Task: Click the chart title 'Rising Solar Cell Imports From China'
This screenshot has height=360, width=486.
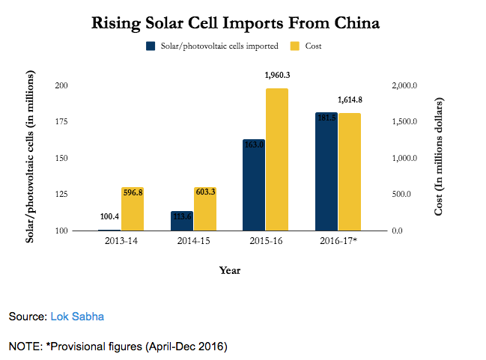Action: pos(235,23)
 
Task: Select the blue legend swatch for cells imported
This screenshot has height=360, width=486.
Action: pos(151,46)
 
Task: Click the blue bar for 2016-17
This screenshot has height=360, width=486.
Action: pos(326,171)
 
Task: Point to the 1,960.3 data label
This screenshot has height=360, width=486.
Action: pos(277,75)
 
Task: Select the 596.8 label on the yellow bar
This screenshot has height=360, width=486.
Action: pos(133,192)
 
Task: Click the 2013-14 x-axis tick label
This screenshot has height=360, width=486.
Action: pos(121,242)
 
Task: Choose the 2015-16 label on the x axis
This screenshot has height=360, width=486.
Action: pos(266,242)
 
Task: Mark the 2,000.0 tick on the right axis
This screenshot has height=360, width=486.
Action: pos(405,86)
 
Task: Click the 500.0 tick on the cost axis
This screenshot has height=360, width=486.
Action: pos(402,195)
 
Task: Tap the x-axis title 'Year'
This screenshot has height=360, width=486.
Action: pos(229,270)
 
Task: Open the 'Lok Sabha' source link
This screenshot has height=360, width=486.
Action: pos(77,317)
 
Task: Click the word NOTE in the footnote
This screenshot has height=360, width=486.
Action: pos(25,347)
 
